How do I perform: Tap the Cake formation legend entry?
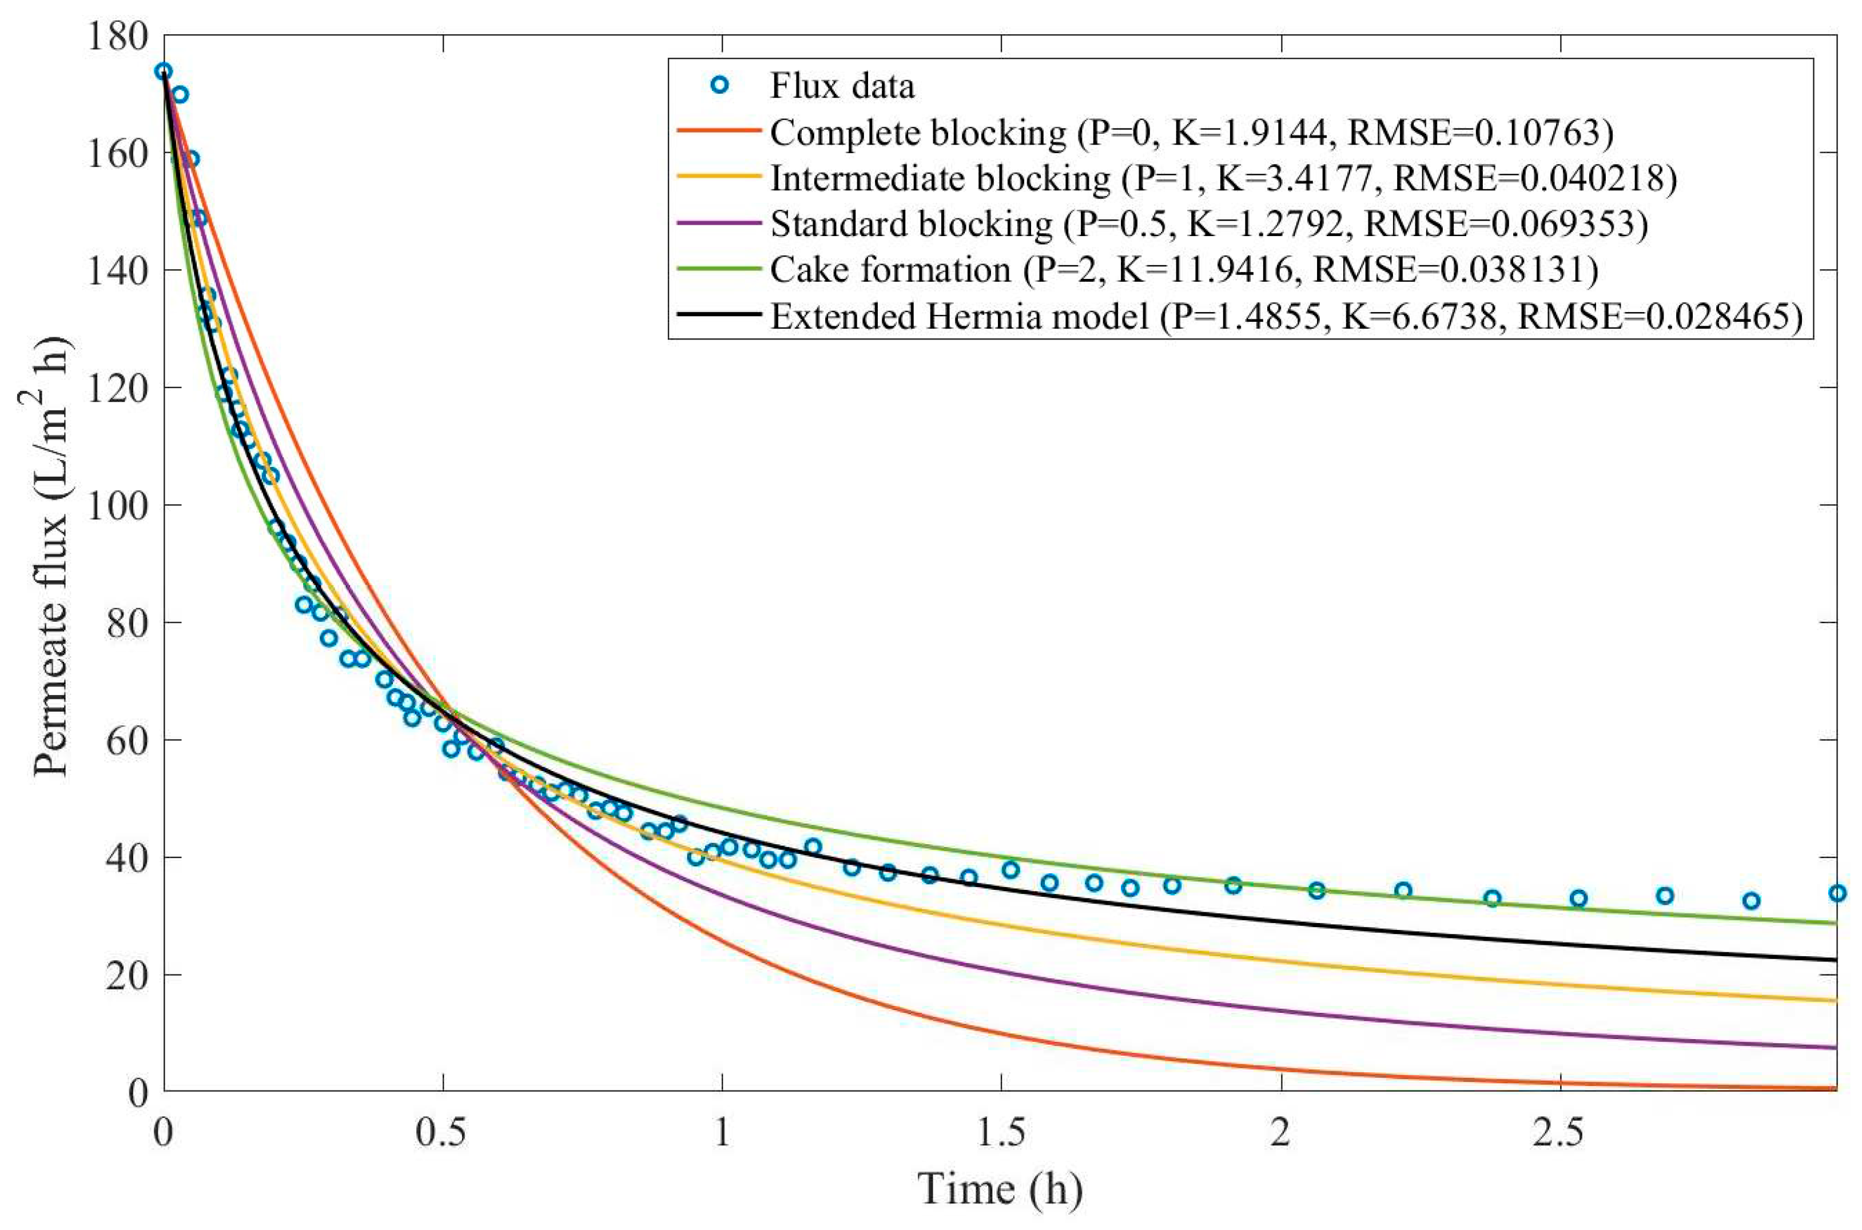[x=1183, y=270]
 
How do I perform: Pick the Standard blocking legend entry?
[x=1208, y=225]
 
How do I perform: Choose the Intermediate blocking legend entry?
[x=1223, y=178]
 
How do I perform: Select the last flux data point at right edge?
[x=1836, y=893]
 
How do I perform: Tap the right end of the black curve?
[x=1835, y=960]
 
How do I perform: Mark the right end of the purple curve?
[x=1835, y=1047]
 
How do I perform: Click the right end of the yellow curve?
[x=1835, y=1000]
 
